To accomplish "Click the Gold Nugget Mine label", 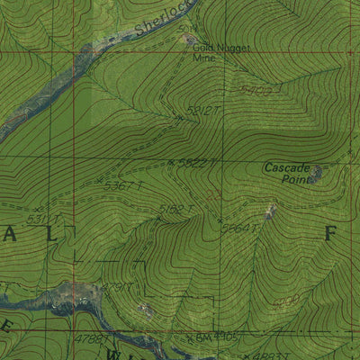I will pyautogui.click(x=220, y=53).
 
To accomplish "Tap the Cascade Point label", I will pyautogui.click(x=287, y=172).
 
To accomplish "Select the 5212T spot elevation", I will pyautogui.click(x=202, y=111).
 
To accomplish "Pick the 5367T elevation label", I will pyautogui.click(x=123, y=186).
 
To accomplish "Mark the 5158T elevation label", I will pyautogui.click(x=176, y=210).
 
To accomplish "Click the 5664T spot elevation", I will pyautogui.click(x=239, y=228).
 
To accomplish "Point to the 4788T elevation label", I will pyautogui.click(x=90, y=339).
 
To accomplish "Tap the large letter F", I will pyautogui.click(x=330, y=233).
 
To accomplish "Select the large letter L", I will pyautogui.click(x=50, y=233).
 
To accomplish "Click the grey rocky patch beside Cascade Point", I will pyautogui.click(x=317, y=174).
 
